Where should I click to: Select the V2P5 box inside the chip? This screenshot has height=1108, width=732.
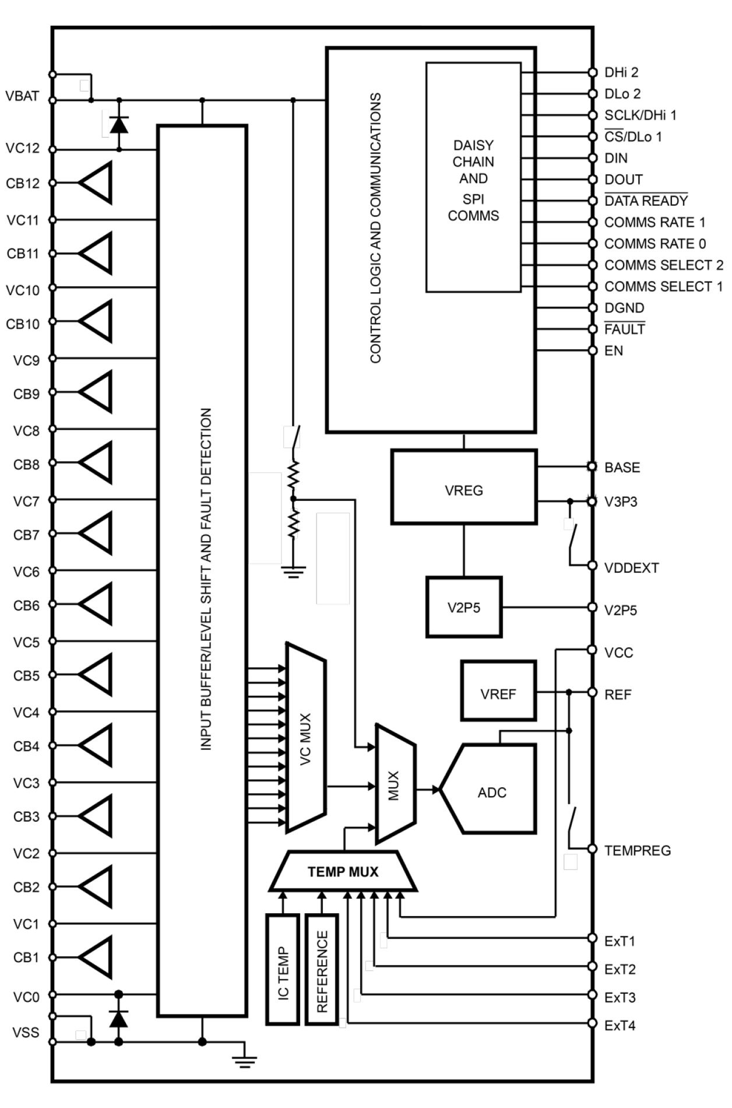[x=464, y=608]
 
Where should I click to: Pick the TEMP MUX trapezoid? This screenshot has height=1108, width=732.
[x=343, y=872]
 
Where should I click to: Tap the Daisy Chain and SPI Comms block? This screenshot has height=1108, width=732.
[x=473, y=178]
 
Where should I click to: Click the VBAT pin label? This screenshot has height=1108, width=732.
[x=22, y=96]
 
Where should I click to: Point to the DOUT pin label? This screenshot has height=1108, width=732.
[x=624, y=180]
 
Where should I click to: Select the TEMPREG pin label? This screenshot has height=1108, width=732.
[x=638, y=850]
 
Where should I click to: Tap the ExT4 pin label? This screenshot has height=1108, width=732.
[x=620, y=1025]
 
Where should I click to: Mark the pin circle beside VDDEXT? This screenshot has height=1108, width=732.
[x=592, y=566]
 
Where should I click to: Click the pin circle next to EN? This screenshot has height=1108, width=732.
[x=592, y=350]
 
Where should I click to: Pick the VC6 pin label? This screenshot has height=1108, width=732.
[x=26, y=571]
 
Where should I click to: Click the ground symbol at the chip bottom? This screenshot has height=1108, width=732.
[x=245, y=1063]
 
